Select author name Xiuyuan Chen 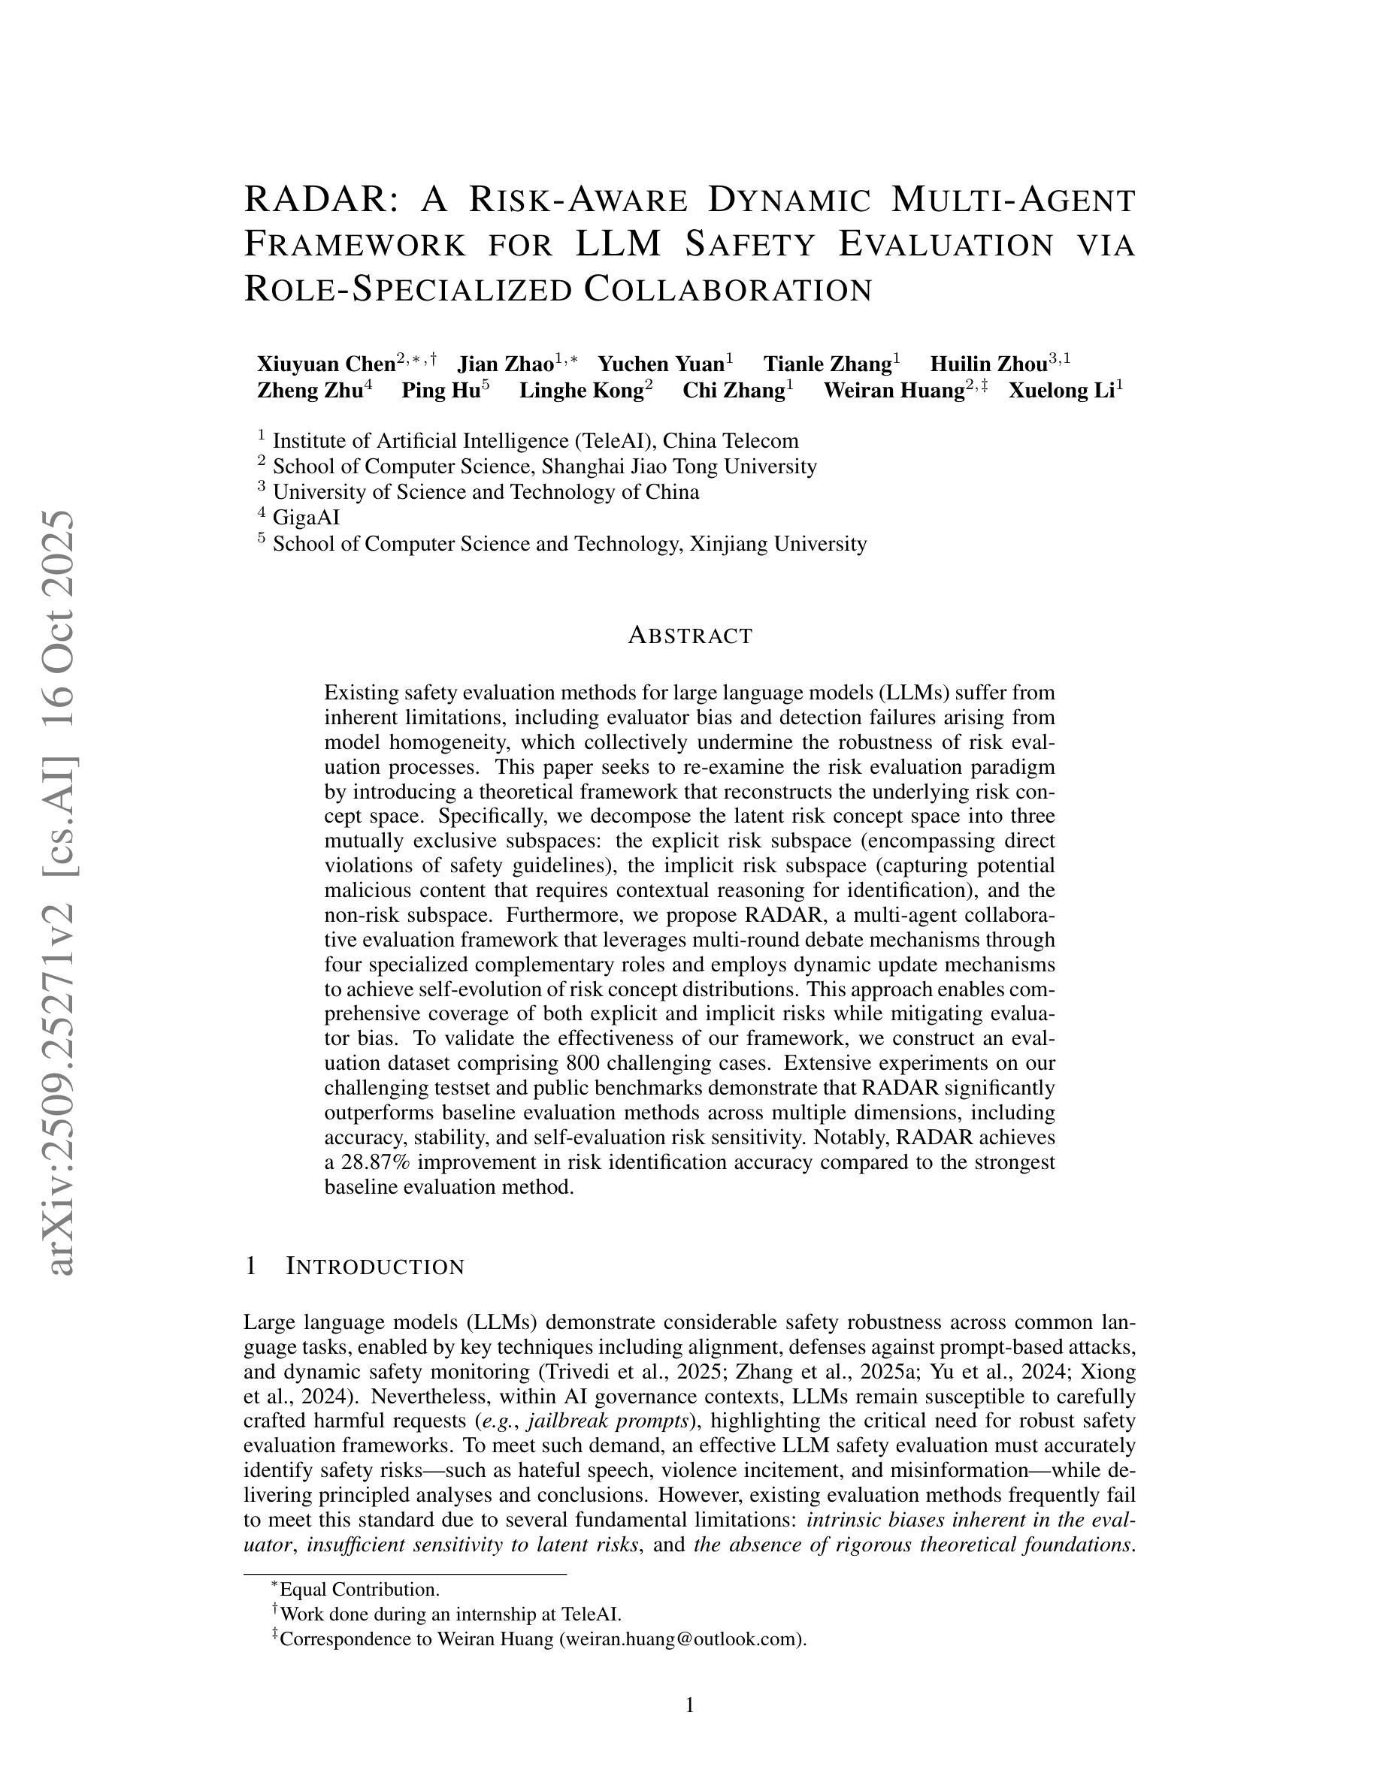tap(326, 364)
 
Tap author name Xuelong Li tap(1061, 391)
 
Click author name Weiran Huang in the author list tap(894, 391)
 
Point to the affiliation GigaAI tap(306, 518)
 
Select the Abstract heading tap(690, 636)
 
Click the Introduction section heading tap(374, 1267)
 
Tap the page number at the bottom tap(689, 1705)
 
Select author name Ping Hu tap(440, 391)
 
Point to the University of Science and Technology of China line tap(486, 492)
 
